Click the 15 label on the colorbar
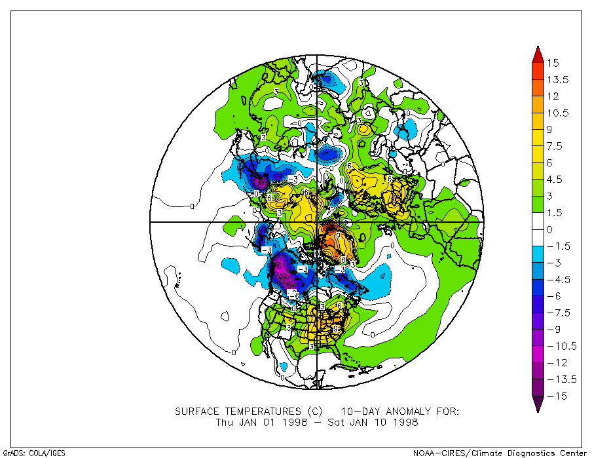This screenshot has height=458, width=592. pyautogui.click(x=553, y=63)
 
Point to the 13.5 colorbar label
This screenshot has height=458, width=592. pyautogui.click(x=558, y=80)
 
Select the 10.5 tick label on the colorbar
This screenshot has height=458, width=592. pyautogui.click(x=558, y=113)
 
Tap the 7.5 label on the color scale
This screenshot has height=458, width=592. pyautogui.click(x=555, y=146)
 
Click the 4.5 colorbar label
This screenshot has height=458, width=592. pyautogui.click(x=555, y=180)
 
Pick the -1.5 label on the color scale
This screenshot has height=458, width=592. pyautogui.click(x=558, y=246)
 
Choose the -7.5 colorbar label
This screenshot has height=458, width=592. pyautogui.click(x=558, y=313)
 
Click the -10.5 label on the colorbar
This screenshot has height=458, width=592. pyautogui.click(x=561, y=346)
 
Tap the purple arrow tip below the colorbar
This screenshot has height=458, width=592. pyautogui.click(x=536, y=406)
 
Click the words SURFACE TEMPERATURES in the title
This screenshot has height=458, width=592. pyautogui.click(x=239, y=411)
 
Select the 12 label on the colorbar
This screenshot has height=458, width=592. pyautogui.click(x=553, y=96)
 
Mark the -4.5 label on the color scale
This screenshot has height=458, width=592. pyautogui.click(x=558, y=279)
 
